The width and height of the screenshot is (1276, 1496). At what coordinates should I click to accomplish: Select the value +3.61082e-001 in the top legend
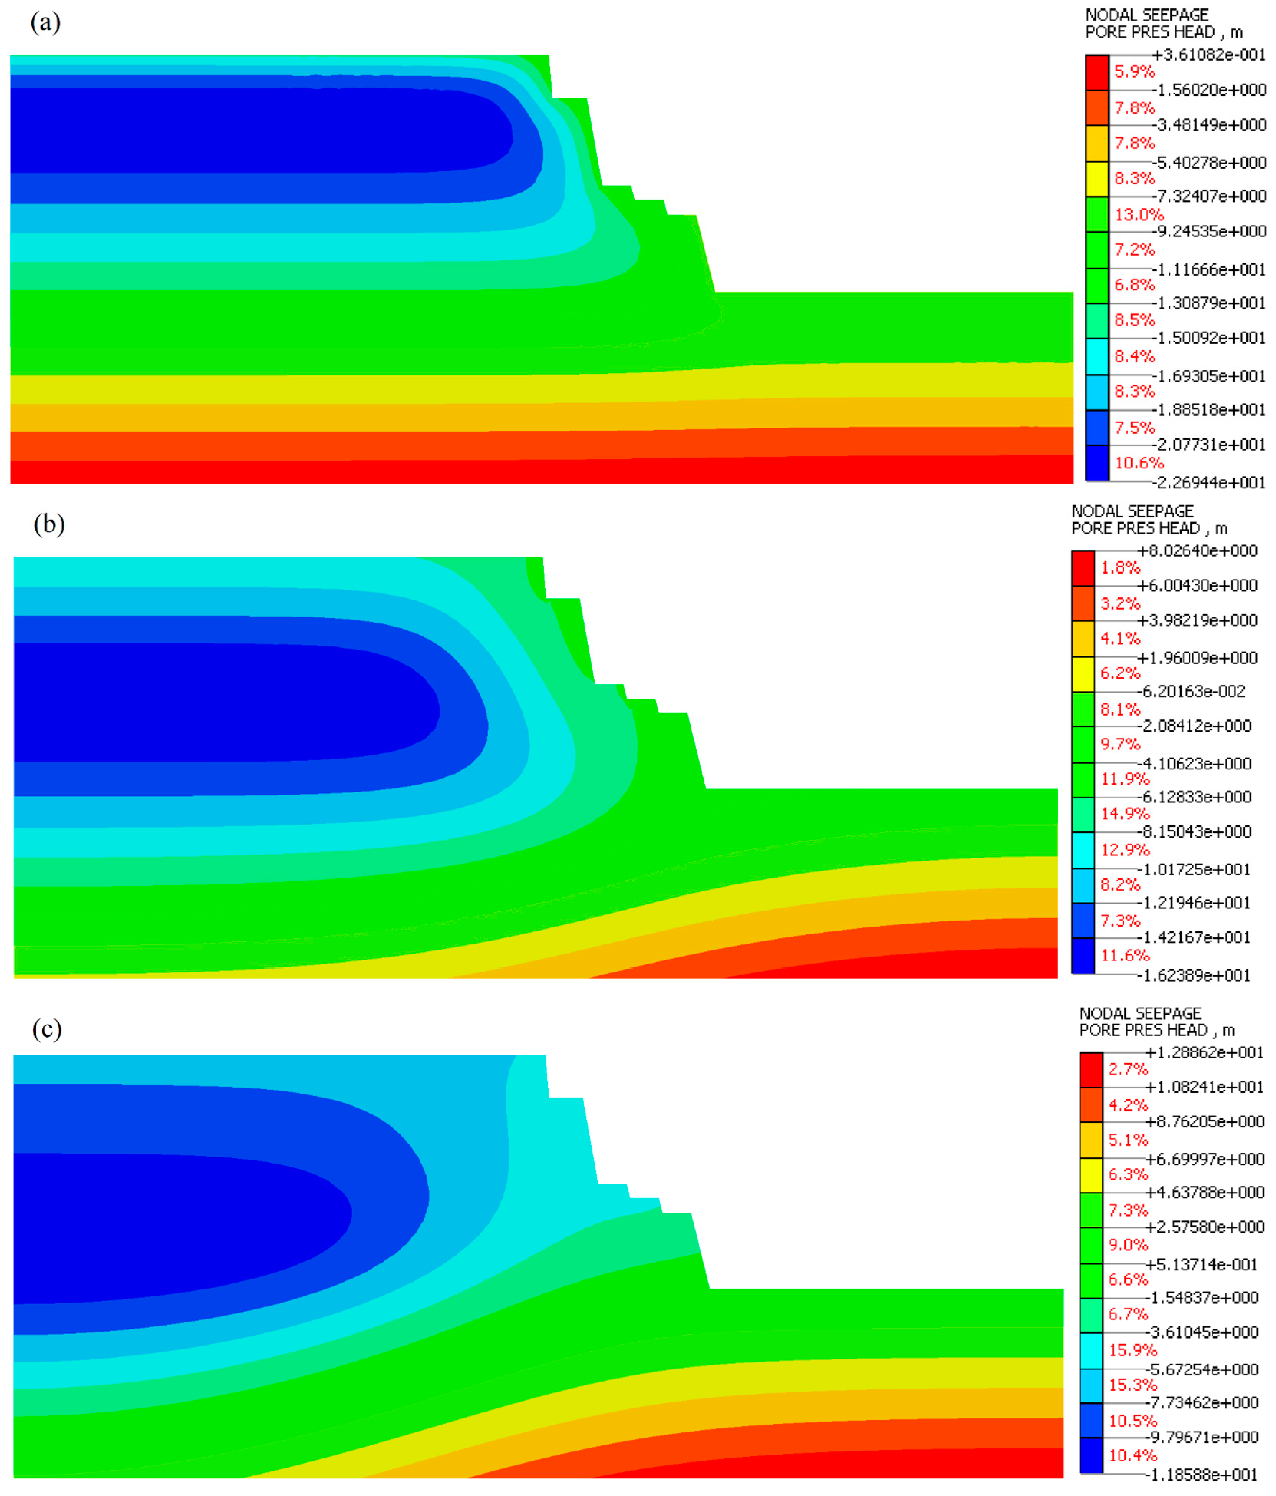(x=1209, y=55)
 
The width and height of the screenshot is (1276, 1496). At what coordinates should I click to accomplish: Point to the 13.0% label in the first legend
(x=1139, y=215)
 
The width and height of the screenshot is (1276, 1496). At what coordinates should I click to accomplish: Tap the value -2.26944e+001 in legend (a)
(x=1209, y=482)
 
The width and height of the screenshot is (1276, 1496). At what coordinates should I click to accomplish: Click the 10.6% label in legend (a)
(x=1139, y=463)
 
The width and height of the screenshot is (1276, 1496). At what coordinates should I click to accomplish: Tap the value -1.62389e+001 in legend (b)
(x=1194, y=975)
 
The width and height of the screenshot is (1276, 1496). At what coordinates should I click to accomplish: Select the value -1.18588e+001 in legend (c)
(x=1204, y=1475)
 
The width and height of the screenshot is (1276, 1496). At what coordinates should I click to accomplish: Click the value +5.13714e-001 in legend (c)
(x=1204, y=1264)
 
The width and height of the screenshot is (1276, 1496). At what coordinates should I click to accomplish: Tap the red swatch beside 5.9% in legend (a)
(x=1097, y=72)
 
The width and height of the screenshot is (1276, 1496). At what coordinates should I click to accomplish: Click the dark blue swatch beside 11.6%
(x=1083, y=956)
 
